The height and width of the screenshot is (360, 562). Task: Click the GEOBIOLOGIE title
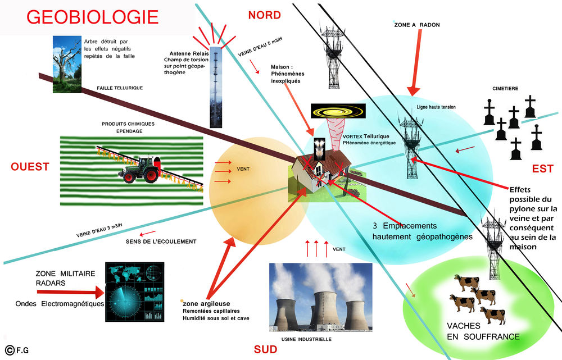[x=92, y=16]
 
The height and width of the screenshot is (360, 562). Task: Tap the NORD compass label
[x=264, y=15]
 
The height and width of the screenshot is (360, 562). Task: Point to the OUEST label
[x=29, y=166]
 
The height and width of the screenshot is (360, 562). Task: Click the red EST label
[x=543, y=168]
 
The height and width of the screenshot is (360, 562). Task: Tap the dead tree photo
[x=67, y=64]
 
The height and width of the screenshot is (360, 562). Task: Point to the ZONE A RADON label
[x=417, y=25]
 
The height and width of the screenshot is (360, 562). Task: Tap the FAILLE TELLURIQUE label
[x=120, y=88]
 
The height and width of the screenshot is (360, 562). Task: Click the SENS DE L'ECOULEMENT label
[x=161, y=241]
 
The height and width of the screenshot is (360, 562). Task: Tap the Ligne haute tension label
[x=436, y=107]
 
